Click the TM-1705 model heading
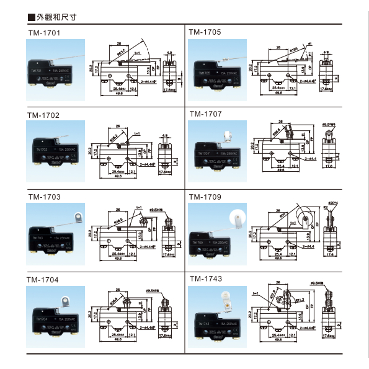coord(205,32)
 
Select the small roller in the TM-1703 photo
coord(78,218)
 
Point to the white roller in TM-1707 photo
coord(228,133)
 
